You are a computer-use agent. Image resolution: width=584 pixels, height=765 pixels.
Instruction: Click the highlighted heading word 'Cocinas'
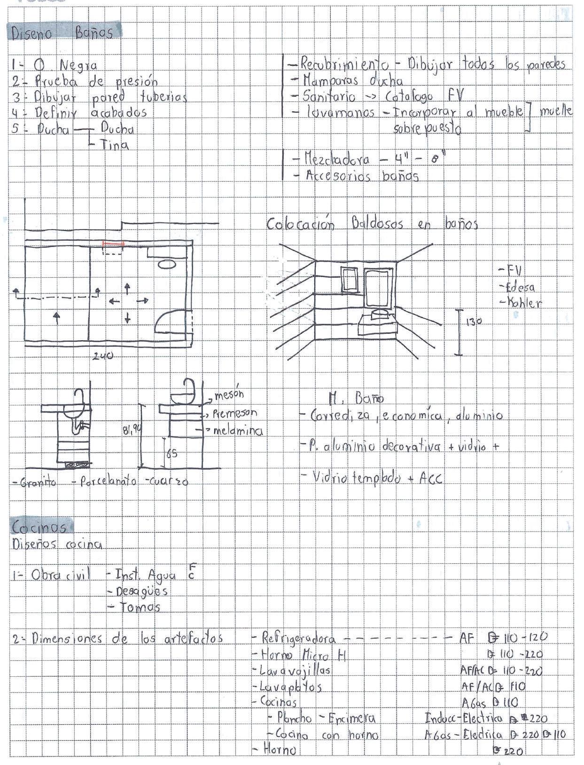tap(39, 528)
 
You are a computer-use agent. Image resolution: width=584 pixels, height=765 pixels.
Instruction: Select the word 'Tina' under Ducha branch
tap(115, 145)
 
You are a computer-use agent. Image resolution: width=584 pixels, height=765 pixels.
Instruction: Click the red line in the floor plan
tap(113, 244)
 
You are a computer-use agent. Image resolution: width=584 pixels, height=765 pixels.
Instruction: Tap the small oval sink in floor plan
tap(167, 265)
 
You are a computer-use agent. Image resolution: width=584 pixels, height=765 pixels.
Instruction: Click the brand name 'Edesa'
tap(519, 287)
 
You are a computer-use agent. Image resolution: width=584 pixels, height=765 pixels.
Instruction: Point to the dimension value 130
tap(474, 322)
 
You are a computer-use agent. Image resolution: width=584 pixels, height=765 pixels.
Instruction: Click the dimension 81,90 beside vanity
tap(132, 429)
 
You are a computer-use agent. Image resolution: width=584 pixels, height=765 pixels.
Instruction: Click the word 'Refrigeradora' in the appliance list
tap(298, 638)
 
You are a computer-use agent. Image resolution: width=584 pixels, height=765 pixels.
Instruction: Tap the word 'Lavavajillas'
tap(295, 670)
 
